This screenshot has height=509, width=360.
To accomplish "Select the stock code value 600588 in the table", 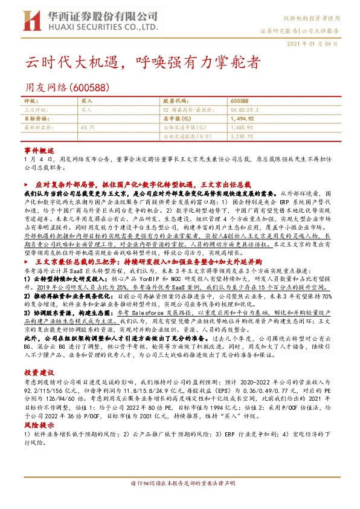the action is (x=239, y=101).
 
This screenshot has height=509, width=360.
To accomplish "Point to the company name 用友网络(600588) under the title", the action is (x=66, y=87).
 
